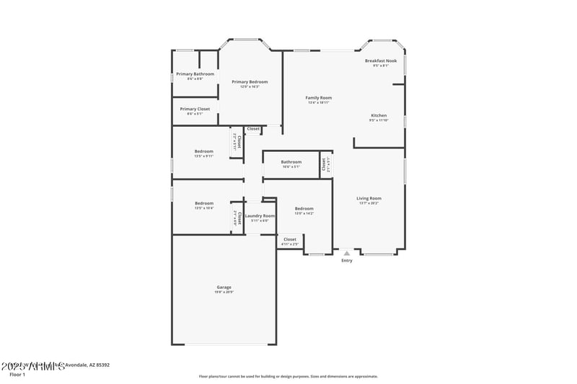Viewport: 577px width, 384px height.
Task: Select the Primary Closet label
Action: (195, 109)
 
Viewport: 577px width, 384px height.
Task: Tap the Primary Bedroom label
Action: (250, 82)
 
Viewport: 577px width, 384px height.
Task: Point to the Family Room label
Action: (318, 98)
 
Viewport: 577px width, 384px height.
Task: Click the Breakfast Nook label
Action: (381, 61)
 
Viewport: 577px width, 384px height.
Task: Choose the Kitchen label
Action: (379, 115)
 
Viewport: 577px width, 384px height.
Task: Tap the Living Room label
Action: (369, 198)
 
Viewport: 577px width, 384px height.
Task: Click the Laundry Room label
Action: (260, 216)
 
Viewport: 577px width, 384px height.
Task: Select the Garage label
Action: (224, 287)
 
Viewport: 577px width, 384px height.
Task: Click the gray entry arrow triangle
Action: (347, 253)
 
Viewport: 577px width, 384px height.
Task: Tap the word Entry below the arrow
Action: (347, 261)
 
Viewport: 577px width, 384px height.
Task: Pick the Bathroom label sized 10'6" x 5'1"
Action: (291, 162)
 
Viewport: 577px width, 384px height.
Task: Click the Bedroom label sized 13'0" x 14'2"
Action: (304, 209)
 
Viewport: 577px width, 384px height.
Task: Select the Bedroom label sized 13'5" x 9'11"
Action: (203, 151)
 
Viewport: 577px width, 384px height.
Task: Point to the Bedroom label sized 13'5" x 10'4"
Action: (203, 203)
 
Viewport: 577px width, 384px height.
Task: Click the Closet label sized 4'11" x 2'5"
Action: (289, 239)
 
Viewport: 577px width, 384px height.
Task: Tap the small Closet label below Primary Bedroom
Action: (253, 129)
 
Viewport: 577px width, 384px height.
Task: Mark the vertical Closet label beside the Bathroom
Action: (324, 164)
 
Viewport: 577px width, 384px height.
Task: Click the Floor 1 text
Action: (17, 375)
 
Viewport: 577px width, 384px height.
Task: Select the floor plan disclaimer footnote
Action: (288, 376)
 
